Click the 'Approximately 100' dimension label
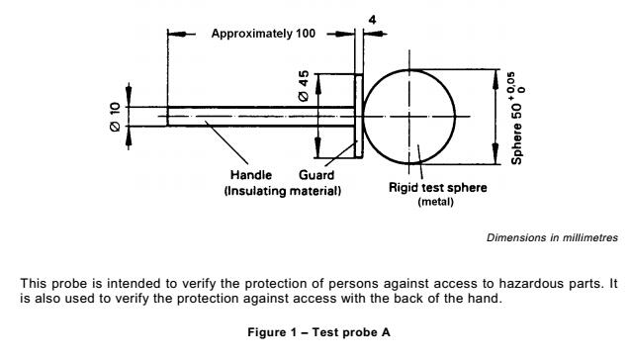(x=263, y=33)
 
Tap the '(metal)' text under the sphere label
(x=435, y=202)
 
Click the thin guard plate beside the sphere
(x=359, y=116)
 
